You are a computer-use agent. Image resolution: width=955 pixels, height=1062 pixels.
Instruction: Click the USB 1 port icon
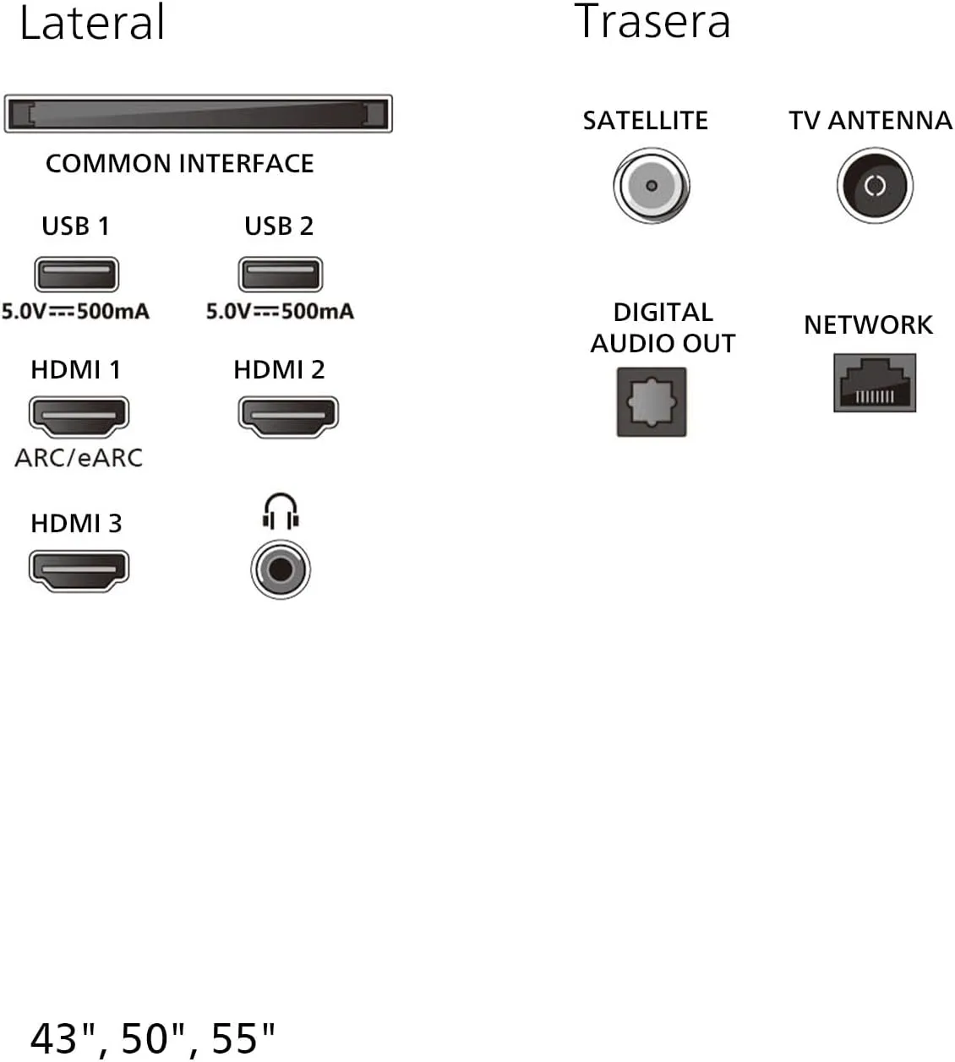pos(77,275)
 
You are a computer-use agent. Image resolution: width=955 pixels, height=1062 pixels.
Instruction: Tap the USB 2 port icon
pos(281,275)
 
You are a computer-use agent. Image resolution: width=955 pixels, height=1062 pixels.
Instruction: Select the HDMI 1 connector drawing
pos(79,417)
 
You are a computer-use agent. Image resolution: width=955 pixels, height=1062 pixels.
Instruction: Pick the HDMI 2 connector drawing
pos(288,417)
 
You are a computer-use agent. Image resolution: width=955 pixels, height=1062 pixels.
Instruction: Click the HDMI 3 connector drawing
pos(79,570)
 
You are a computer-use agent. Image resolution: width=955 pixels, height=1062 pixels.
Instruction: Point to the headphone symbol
pos(281,511)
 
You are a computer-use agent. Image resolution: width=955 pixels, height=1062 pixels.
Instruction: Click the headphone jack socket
pos(281,569)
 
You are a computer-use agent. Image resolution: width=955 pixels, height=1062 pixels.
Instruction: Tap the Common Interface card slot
pos(198,114)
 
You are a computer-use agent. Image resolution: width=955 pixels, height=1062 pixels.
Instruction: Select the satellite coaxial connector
pos(652,185)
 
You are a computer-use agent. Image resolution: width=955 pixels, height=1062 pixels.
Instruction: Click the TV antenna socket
pos(875,185)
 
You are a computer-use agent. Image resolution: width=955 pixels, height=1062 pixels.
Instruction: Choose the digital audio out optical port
pos(652,402)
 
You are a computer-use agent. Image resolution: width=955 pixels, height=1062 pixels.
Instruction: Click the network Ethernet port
pos(875,382)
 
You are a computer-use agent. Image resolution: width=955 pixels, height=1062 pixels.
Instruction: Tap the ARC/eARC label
pos(79,458)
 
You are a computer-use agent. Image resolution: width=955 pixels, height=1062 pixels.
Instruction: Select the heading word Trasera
pos(652,21)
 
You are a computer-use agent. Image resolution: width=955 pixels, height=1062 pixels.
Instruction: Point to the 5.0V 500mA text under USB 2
pos(280,311)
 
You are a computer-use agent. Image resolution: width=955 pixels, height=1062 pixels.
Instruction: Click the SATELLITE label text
pos(645,121)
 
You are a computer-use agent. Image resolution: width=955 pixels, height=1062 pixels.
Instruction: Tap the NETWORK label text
pos(868,325)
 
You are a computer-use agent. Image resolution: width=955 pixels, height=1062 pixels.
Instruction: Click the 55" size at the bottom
pos(243,1038)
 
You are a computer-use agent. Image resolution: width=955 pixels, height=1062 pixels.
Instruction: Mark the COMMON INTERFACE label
pos(180,164)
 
